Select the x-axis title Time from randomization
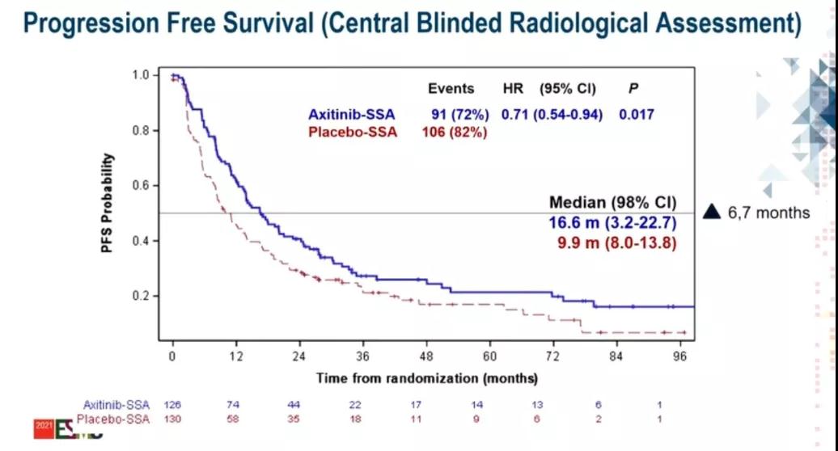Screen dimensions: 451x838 tap(426, 377)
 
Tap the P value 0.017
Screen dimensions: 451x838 tap(637, 115)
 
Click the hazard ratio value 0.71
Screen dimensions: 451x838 tap(514, 115)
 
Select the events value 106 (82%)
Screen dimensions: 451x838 tap(455, 133)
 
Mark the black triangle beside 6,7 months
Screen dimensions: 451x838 tap(712, 213)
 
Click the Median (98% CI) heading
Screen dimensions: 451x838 tap(612, 202)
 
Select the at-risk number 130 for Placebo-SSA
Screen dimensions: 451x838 tap(172, 418)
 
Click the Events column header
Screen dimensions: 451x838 tap(449, 88)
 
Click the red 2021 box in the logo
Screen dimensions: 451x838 tap(43, 425)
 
